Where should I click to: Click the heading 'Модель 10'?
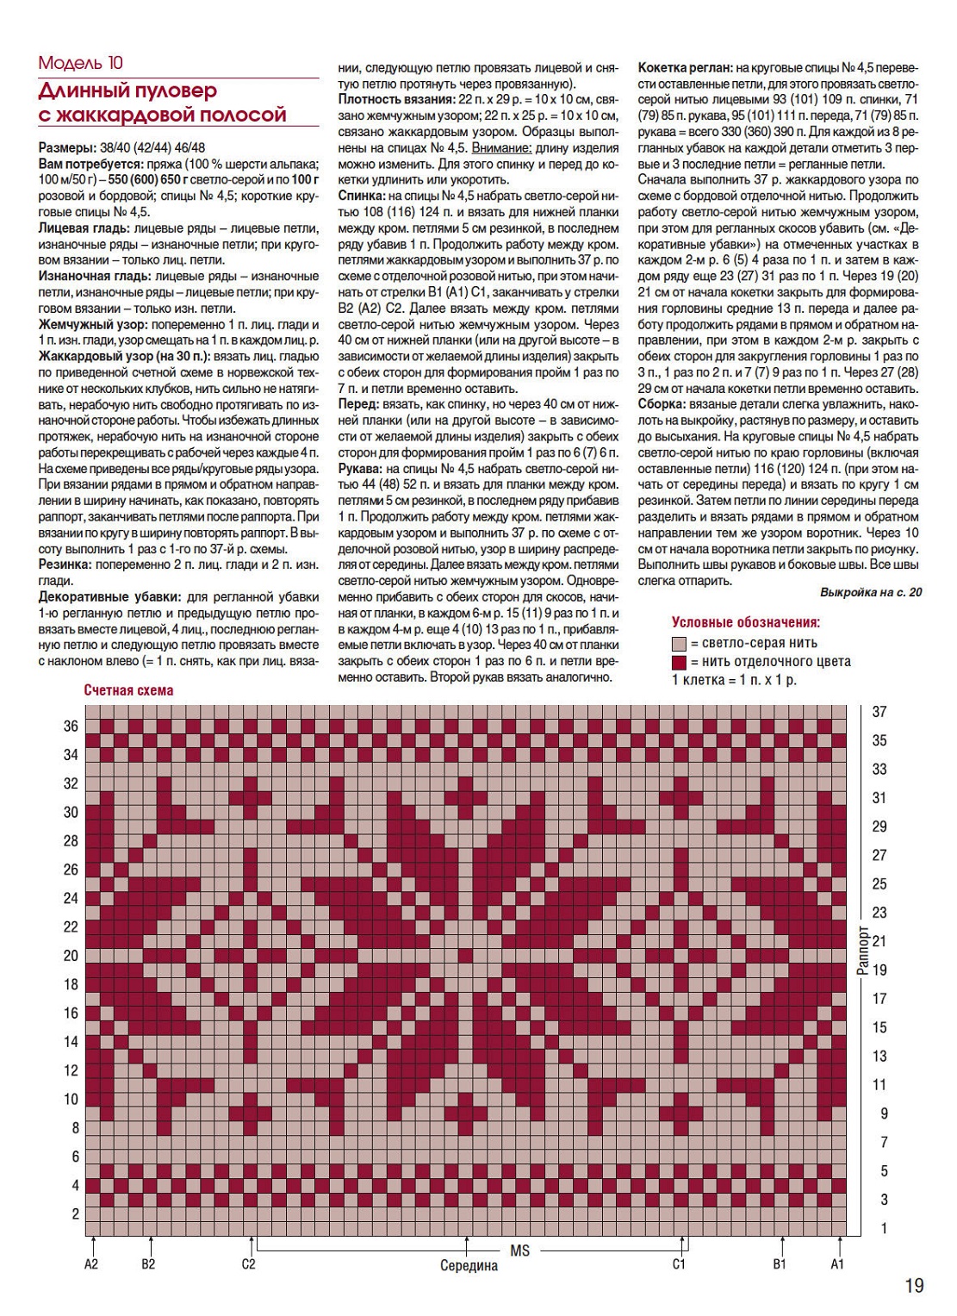click(81, 63)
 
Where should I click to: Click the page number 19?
click(914, 1286)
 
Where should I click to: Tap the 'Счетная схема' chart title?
click(128, 690)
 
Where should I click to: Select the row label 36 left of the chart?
click(71, 726)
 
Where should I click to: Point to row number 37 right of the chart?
click(879, 712)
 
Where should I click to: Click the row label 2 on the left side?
click(75, 1213)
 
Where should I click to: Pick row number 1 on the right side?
click(883, 1228)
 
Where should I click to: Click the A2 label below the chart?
click(91, 1264)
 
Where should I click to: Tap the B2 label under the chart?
click(148, 1264)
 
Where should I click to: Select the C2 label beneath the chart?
click(248, 1264)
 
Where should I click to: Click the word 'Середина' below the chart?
click(469, 1266)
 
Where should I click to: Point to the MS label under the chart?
click(519, 1250)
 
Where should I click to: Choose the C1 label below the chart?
click(679, 1264)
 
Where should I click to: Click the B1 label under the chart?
click(780, 1264)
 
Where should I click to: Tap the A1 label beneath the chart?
click(837, 1264)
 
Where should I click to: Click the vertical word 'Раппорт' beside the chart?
click(862, 951)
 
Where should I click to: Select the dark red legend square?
click(679, 662)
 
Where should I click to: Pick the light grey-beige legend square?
click(679, 643)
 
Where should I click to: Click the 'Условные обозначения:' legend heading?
click(745, 622)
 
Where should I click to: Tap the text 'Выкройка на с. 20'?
click(871, 592)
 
